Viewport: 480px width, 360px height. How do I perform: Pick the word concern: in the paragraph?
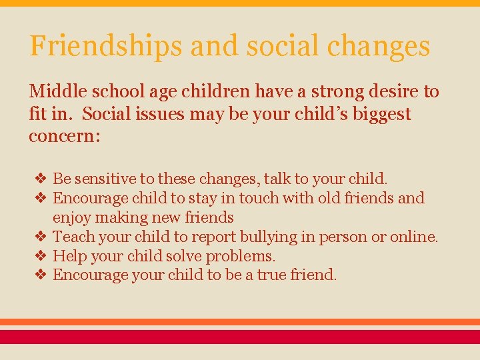pyautogui.click(x=64, y=137)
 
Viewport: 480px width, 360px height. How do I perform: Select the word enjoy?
pyautogui.click(x=72, y=217)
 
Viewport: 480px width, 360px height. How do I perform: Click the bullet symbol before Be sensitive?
pyautogui.click(x=40, y=179)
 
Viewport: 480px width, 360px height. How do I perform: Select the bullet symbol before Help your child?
pyautogui.click(x=40, y=256)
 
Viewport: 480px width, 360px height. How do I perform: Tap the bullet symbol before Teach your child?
pyautogui.click(x=40, y=237)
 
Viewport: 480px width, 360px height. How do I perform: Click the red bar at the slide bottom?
pyautogui.click(x=240, y=337)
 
